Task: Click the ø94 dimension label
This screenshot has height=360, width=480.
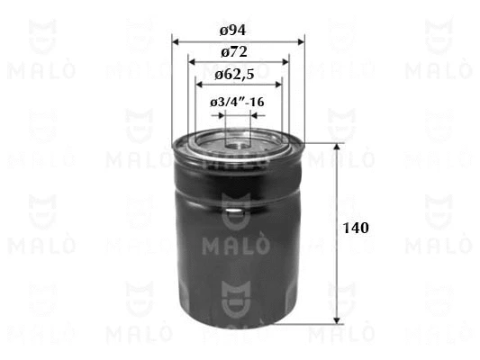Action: (x=233, y=31)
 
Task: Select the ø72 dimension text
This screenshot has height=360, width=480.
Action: (x=234, y=52)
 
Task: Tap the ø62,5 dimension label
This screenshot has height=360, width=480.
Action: (x=234, y=75)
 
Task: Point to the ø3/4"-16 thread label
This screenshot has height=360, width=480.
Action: (x=237, y=103)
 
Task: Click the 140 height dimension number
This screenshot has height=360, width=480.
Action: (x=356, y=229)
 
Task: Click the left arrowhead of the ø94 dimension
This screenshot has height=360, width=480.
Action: (x=176, y=42)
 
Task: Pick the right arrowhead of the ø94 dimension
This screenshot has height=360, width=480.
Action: (x=301, y=42)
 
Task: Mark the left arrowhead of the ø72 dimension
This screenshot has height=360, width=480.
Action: (x=192, y=62)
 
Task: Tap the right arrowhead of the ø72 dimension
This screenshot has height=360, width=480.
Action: (x=285, y=62)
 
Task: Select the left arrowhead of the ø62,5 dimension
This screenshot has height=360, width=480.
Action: (x=199, y=85)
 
